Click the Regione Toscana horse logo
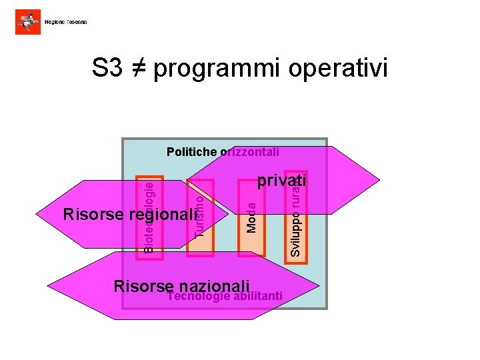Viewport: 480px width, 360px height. point(27,22)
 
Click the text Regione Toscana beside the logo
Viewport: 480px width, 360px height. point(65,23)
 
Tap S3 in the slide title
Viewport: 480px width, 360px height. point(108,68)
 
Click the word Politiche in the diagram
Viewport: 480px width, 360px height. point(191,152)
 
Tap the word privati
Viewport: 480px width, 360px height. point(281,181)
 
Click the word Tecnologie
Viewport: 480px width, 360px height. point(199,297)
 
